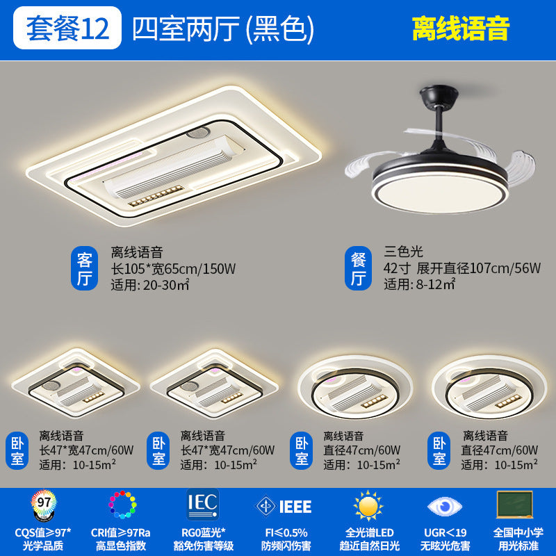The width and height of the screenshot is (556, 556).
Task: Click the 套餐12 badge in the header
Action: coord(67,27)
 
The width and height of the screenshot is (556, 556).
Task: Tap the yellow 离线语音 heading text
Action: coord(461,28)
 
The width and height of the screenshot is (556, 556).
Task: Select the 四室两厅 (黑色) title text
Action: coord(223,28)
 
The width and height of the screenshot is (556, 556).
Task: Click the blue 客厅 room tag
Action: coord(84,270)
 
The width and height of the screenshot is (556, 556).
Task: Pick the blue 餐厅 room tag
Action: coord(358,270)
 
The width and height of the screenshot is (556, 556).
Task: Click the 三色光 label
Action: coord(404,252)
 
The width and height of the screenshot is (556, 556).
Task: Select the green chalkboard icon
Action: coord(515,505)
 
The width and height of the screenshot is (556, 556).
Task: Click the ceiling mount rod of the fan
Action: coord(439,114)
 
